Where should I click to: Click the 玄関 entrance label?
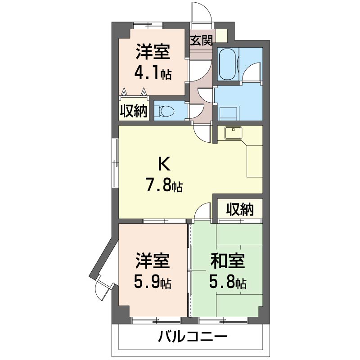(x=201, y=40)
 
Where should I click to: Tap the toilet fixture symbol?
(x=166, y=111)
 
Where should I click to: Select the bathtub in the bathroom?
(x=228, y=64)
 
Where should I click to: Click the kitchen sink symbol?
(x=234, y=132)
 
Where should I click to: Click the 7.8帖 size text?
(x=164, y=185)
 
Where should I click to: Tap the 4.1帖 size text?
(x=153, y=73)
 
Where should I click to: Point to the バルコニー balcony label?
(x=193, y=336)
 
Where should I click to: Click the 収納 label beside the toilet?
(x=134, y=111)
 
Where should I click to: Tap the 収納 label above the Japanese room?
(x=239, y=209)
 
